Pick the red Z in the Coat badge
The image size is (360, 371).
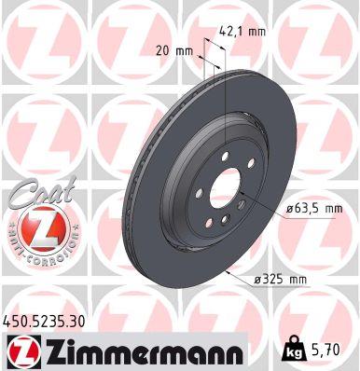[36, 226]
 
